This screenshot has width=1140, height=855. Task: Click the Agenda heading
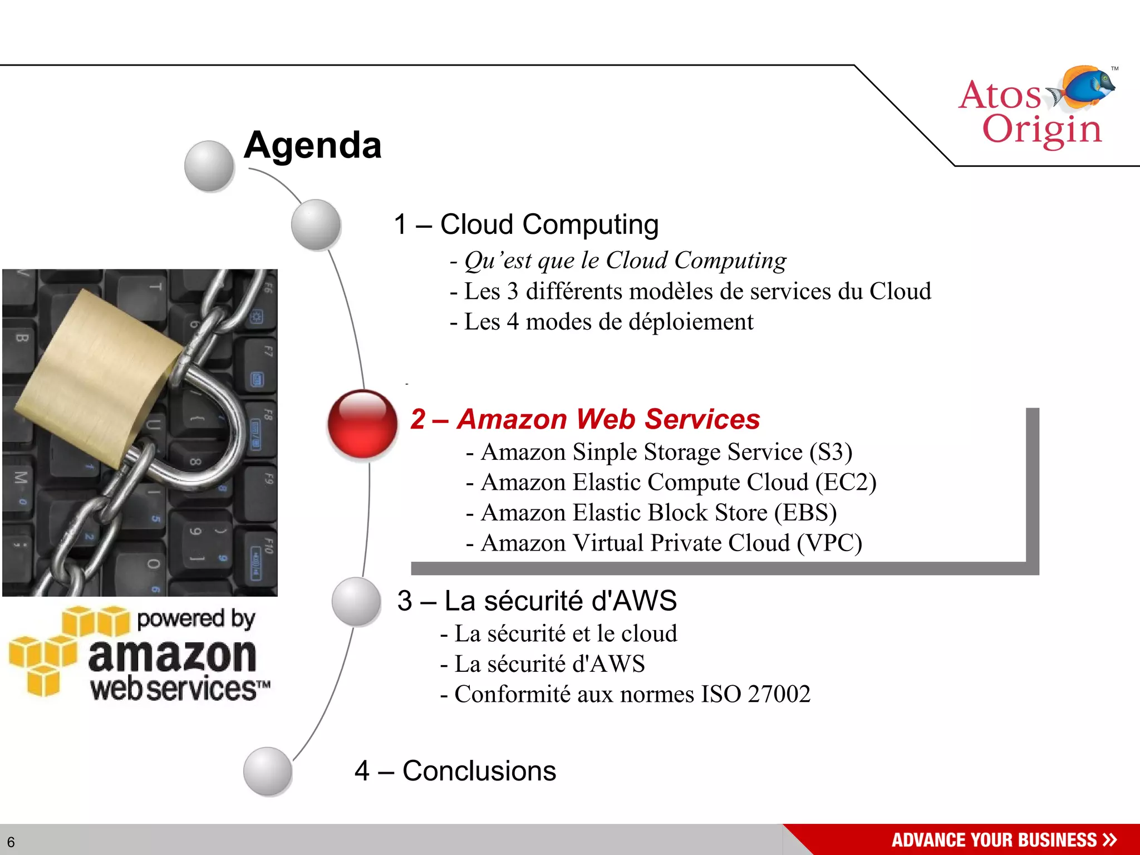[312, 146]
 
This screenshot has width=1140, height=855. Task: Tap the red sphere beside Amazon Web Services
[362, 424]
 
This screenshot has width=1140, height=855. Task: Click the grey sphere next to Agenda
[209, 166]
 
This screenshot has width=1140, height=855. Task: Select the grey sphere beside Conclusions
[268, 771]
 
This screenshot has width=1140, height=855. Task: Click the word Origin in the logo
[1041, 129]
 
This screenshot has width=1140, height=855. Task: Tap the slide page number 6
[11, 842]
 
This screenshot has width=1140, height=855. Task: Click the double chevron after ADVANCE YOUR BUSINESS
[1109, 839]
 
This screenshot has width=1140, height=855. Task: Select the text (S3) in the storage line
[831, 452]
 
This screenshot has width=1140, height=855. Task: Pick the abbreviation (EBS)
[805, 513]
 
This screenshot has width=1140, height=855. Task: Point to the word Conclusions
[479, 771]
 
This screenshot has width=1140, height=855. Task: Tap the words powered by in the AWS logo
[196, 618]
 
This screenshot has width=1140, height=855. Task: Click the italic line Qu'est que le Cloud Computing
[625, 261]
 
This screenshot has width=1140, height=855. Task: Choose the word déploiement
[691, 322]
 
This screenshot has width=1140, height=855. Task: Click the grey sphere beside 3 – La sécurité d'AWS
[356, 602]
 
